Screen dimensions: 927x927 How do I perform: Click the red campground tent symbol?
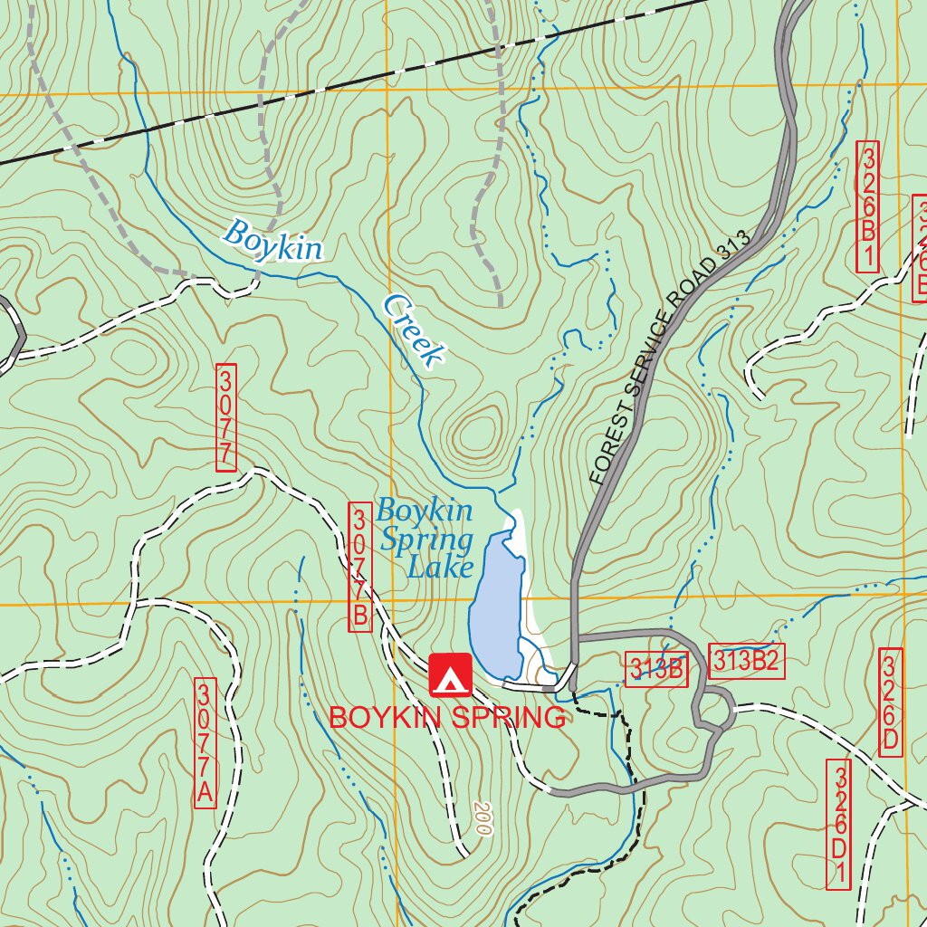(x=451, y=674)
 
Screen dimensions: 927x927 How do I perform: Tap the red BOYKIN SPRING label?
(x=446, y=718)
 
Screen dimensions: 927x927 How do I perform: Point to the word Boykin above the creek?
(x=272, y=241)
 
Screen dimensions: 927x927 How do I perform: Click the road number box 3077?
(x=226, y=417)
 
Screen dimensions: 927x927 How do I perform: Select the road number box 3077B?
(x=359, y=568)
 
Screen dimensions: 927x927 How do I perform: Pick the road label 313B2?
(x=745, y=662)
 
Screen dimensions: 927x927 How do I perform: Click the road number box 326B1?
(x=867, y=205)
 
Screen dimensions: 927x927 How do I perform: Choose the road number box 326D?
(x=890, y=702)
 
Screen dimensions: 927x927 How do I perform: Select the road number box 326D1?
(x=839, y=824)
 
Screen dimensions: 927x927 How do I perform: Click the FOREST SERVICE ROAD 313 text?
(x=670, y=357)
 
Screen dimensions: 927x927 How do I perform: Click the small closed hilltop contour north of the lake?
(x=475, y=433)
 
